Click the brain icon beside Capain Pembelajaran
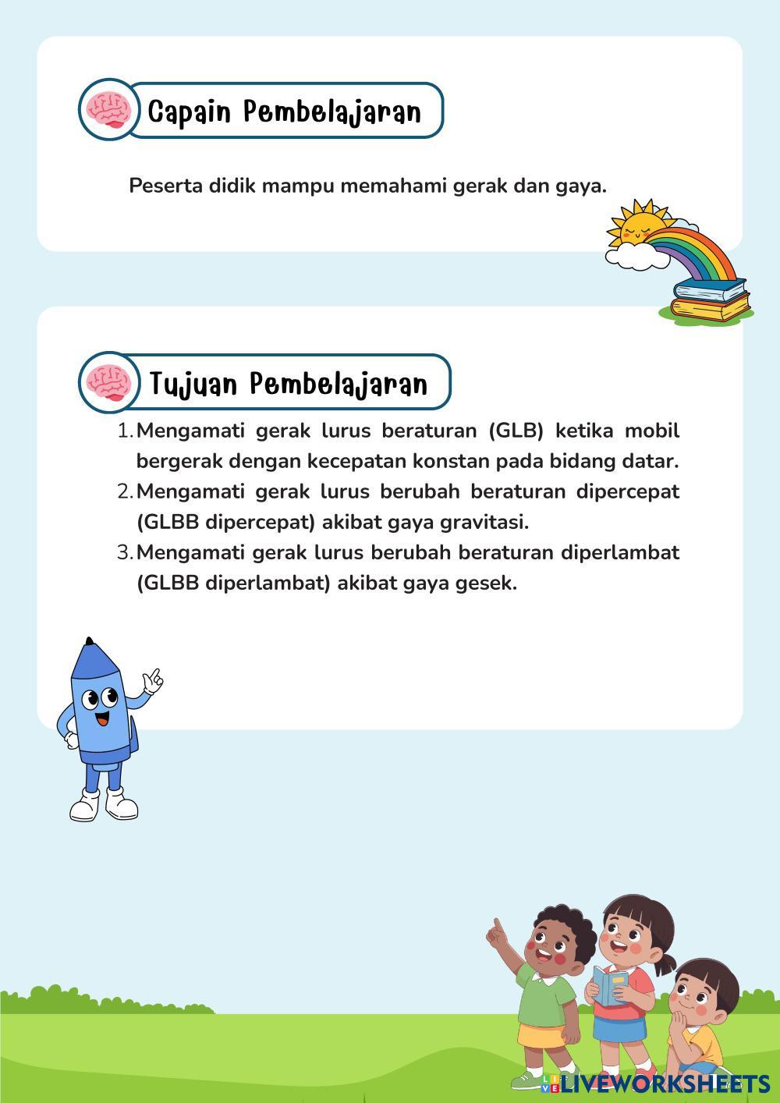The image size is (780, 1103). (x=108, y=110)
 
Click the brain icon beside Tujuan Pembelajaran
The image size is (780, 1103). (x=108, y=382)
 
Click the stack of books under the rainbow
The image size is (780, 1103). (x=710, y=300)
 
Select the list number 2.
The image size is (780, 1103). (x=124, y=491)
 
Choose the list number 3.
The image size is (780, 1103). (x=124, y=552)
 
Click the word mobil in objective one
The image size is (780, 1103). (x=652, y=431)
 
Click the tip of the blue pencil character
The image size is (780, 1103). (x=90, y=642)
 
